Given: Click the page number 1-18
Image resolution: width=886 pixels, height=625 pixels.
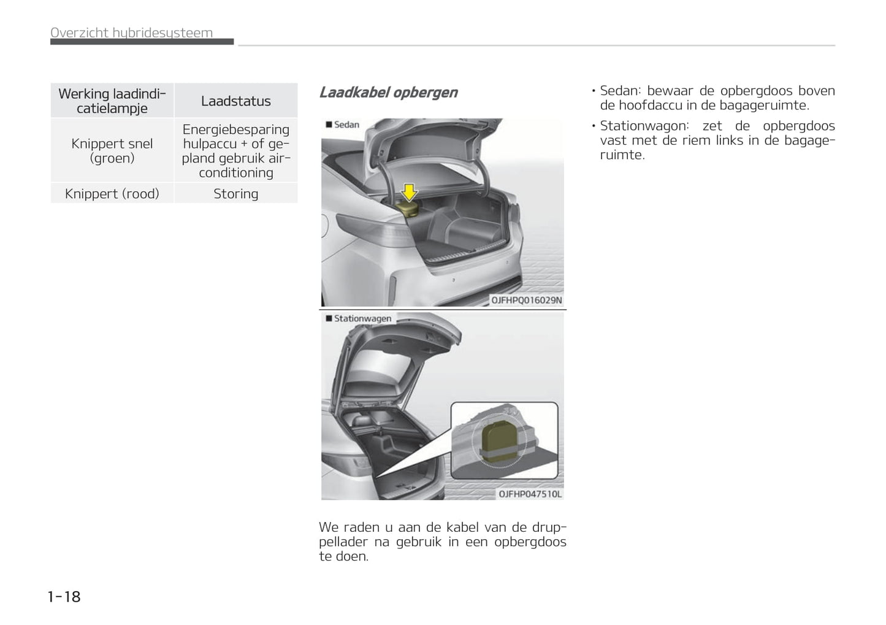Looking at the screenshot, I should pyautogui.click(x=64, y=596).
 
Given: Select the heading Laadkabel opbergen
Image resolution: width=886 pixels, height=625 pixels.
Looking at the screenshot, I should pyautogui.click(x=388, y=93).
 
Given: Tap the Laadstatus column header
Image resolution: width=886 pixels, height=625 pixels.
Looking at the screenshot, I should pyautogui.click(x=235, y=101).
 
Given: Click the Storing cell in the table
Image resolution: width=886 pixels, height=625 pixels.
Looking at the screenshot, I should pyautogui.click(x=235, y=194).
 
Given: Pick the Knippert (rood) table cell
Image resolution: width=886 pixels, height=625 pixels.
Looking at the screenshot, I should pyautogui.click(x=112, y=194).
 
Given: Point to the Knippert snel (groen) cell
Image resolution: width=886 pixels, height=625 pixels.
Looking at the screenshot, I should pyautogui.click(x=112, y=151).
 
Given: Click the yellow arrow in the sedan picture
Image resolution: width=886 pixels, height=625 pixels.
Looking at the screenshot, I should pyautogui.click(x=408, y=192).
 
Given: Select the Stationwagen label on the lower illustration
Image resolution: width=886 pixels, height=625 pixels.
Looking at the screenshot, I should pyautogui.click(x=362, y=319).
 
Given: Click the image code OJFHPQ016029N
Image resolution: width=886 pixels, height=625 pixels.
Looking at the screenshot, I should pyautogui.click(x=526, y=301).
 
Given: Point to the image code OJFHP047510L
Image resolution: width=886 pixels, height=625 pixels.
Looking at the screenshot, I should pyautogui.click(x=530, y=494).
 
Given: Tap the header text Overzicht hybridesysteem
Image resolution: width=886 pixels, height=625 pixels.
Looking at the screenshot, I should pyautogui.click(x=132, y=33).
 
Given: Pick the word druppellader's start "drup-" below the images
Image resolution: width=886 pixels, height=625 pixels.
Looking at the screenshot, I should pyautogui.click(x=549, y=527).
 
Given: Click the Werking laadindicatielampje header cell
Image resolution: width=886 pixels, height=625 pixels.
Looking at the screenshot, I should pyautogui.click(x=112, y=101).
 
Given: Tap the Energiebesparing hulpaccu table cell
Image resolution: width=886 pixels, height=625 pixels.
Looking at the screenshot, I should pyautogui.click(x=235, y=151).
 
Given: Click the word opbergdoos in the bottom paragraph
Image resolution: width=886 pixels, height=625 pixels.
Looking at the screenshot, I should pyautogui.click(x=530, y=542).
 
